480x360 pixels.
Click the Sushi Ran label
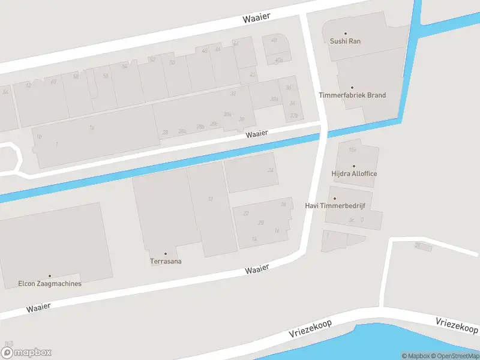[345, 41]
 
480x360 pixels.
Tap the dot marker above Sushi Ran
[345, 34]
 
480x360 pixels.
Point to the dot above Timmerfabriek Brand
[352, 88]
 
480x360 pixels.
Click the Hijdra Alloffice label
[354, 174]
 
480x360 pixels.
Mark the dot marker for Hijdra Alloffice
[354, 166]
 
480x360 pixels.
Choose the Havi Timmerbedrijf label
[335, 206]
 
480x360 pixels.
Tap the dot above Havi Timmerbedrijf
[335, 198]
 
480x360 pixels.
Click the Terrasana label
[166, 262]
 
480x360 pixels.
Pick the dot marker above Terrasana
[166, 254]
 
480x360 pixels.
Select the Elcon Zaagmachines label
[50, 284]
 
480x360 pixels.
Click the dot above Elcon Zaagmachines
[50, 276]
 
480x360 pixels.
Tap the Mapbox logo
[26, 353]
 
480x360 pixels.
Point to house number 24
[271, 170]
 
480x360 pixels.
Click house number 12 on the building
[210, 199]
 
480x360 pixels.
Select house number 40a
[278, 60]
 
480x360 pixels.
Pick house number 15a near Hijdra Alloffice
[352, 149]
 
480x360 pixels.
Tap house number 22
[245, 213]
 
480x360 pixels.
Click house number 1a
[92, 127]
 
